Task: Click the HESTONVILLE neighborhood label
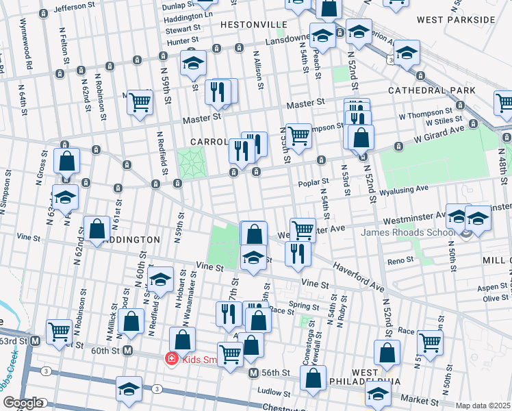[253, 24]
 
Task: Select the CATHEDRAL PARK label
[431, 90]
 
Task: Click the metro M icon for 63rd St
[35, 340]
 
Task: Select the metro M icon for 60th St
[127, 351]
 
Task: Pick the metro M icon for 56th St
[253, 373]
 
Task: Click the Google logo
[23, 403]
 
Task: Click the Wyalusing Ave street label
[404, 188]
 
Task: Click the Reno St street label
[401, 260]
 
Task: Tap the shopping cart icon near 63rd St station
[60, 332]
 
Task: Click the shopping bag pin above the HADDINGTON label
[97, 229]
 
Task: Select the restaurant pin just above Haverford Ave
[298, 253]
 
